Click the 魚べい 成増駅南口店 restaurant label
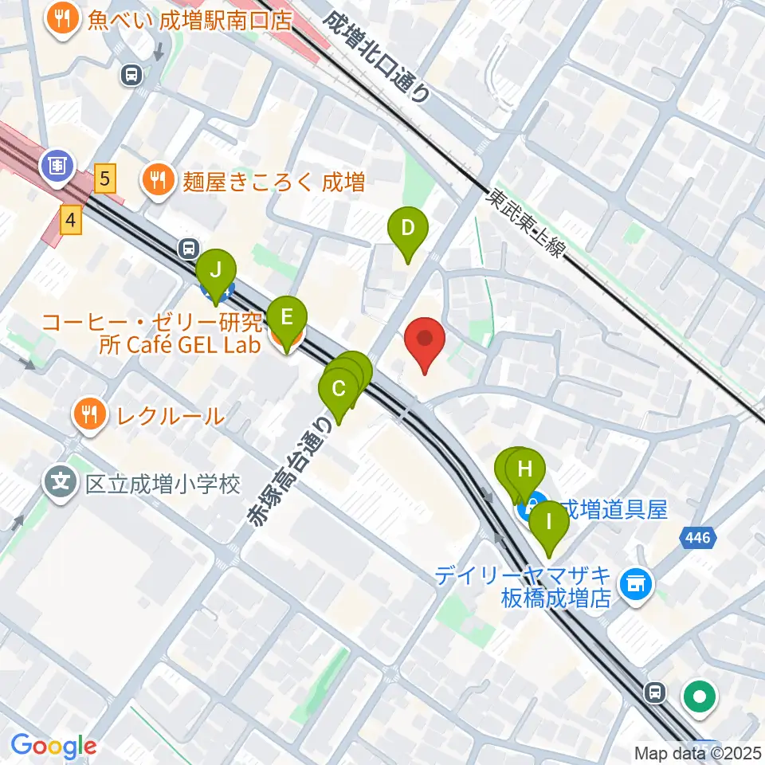pos(190,19)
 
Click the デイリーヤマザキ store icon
pos(637,586)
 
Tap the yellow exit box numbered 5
pos(104,177)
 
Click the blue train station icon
pos(57,166)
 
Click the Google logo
pos(54,747)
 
